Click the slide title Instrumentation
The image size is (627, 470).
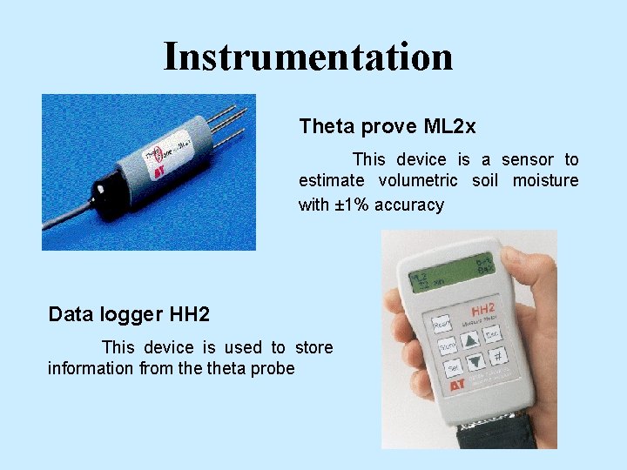308,57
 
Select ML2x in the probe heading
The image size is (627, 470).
450,127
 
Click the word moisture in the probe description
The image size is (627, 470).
545,180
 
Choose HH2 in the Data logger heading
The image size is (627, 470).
189,313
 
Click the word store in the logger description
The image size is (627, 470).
313,347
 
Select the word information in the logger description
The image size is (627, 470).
91,368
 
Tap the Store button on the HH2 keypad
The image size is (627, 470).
448,347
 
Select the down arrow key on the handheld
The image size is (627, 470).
475,363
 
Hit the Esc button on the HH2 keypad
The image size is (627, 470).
492,333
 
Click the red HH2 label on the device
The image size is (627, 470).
483,310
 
